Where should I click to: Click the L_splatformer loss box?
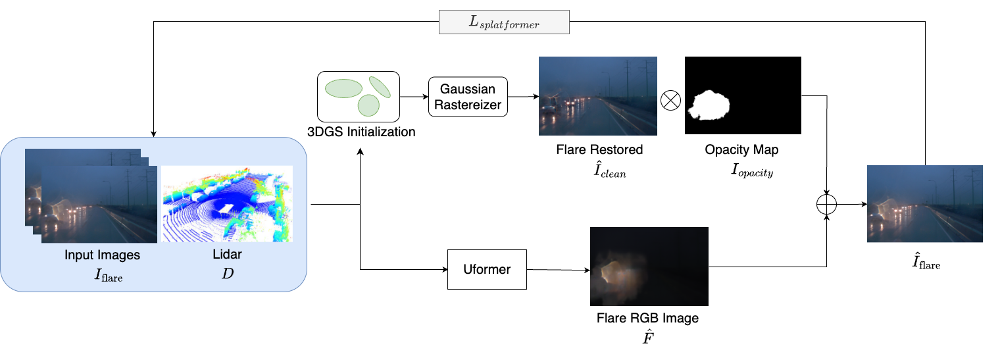tap(504, 22)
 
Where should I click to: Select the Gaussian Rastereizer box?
tap(468, 97)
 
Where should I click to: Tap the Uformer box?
tap(487, 269)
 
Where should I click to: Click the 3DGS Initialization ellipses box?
tap(359, 95)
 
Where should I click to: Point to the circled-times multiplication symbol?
tap(670, 101)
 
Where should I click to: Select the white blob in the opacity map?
tap(708, 105)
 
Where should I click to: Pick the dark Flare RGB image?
tap(649, 266)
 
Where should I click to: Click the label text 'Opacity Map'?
tap(741, 150)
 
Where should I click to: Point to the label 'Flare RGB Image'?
tap(647, 319)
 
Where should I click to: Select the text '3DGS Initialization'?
tap(361, 132)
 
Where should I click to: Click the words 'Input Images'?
tap(102, 255)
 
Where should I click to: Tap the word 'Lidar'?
tap(227, 255)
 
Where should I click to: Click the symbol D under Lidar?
tap(227, 273)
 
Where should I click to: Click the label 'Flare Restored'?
tap(598, 150)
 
